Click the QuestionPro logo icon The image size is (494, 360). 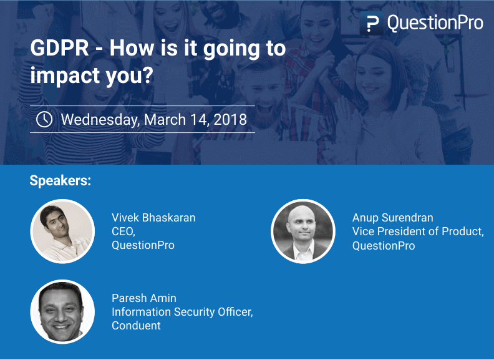[x=372, y=24]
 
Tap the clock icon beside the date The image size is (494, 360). [x=44, y=119]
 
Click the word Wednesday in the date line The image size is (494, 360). [x=100, y=119]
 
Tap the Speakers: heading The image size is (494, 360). [x=61, y=181]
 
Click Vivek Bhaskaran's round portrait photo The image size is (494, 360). [x=62, y=231]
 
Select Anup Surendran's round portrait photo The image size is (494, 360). [x=303, y=231]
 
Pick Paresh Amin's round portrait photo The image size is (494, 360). [x=62, y=311]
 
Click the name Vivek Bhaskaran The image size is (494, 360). [x=153, y=218]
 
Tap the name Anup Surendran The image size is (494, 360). [x=392, y=218]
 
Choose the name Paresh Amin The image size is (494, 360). [x=144, y=298]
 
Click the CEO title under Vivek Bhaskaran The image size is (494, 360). [x=123, y=231]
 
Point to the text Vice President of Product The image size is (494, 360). [x=417, y=231]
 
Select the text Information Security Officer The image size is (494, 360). [x=182, y=312]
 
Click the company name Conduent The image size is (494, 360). [x=136, y=326]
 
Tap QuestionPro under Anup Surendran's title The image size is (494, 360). [x=384, y=245]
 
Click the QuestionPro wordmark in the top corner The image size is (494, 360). [x=435, y=24]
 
